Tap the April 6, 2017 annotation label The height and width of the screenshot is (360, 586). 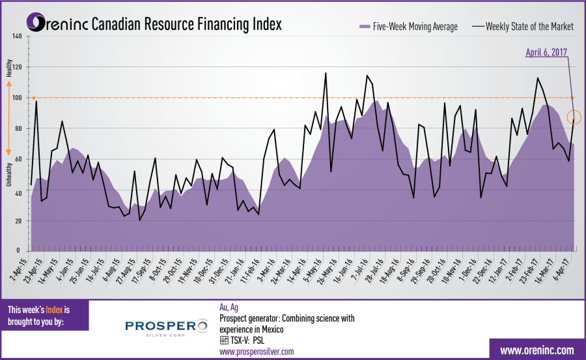coord(546,52)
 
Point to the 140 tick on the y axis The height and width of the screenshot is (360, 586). coord(17,36)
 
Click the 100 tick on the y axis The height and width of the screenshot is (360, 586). coord(17,98)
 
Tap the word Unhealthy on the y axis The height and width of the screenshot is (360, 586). coord(10,173)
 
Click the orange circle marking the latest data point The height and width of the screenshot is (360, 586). coord(574,118)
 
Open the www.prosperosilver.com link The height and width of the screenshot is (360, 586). coord(257,352)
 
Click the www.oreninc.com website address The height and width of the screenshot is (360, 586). coord(537,350)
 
